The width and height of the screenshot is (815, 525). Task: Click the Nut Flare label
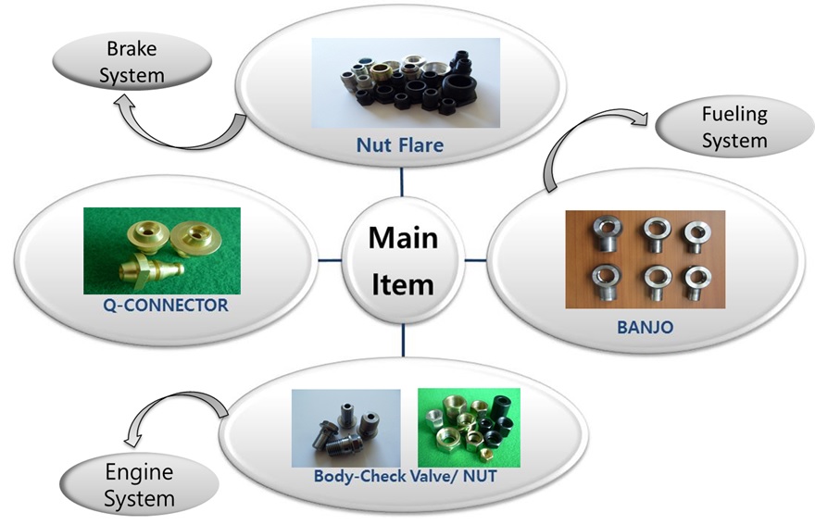(400, 144)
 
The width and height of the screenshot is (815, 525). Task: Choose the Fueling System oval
(734, 128)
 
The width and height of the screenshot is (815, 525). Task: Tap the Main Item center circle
(403, 260)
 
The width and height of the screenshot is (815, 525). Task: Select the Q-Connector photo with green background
(161, 250)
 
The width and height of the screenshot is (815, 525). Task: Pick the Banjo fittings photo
(645, 259)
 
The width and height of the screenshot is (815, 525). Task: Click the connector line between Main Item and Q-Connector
(330, 260)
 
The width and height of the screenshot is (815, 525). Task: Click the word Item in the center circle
(403, 283)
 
